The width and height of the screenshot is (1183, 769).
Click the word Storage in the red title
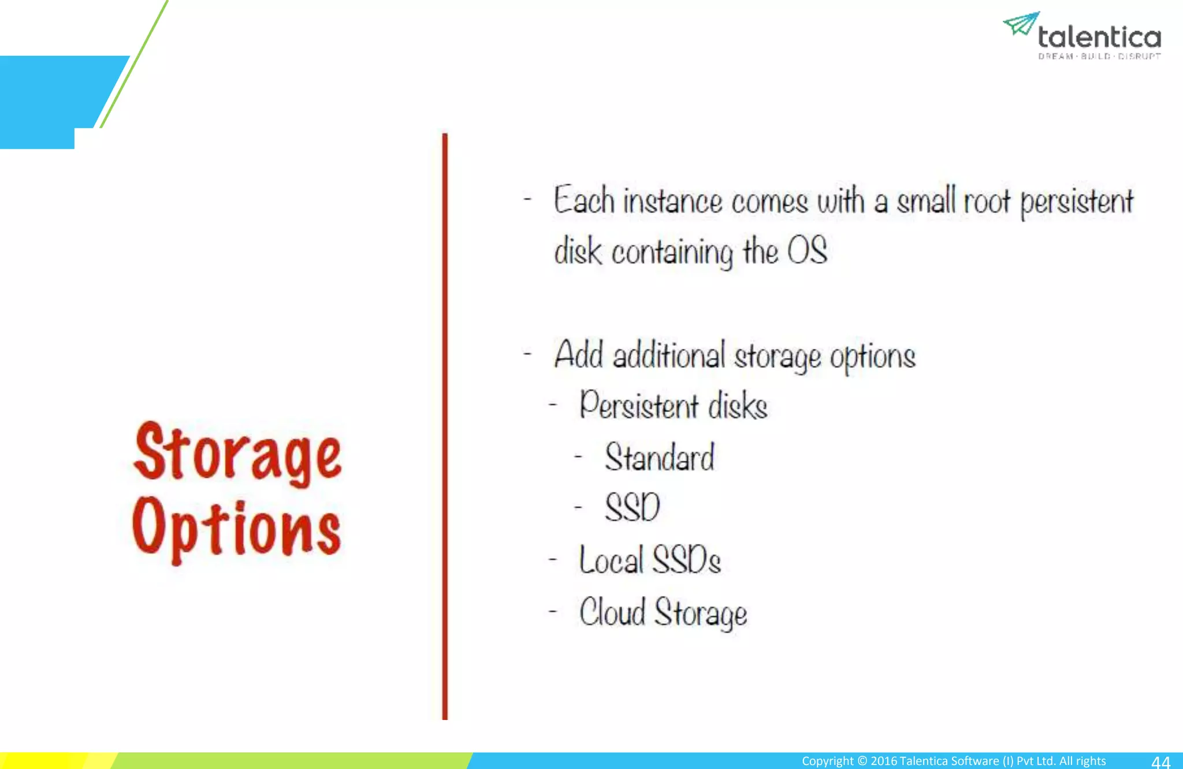[x=237, y=454]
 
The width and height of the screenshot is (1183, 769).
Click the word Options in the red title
[x=236, y=529]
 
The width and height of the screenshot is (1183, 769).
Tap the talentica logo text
[x=1099, y=38]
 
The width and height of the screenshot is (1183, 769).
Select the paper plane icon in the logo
[x=1021, y=23]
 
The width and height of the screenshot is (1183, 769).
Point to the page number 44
[x=1160, y=761]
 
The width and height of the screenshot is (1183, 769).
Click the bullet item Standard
[x=660, y=458]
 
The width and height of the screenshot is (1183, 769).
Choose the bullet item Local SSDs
[x=650, y=560]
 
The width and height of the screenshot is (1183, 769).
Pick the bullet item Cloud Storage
[x=663, y=612]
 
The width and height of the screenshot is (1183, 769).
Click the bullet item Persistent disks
[x=674, y=406]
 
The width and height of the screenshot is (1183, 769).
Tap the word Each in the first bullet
[x=583, y=201]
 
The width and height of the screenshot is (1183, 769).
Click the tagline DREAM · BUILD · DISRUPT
[x=1099, y=57]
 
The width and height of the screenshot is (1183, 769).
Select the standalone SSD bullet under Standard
[x=632, y=508]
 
